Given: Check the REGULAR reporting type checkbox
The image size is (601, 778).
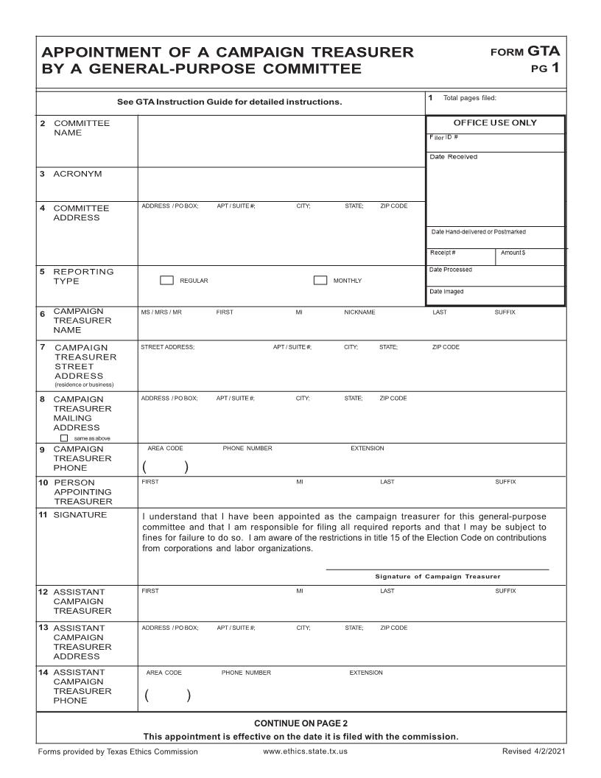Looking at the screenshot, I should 166,280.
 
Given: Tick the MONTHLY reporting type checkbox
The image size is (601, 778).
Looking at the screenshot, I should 320,280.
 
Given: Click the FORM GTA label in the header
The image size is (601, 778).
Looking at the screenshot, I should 524,52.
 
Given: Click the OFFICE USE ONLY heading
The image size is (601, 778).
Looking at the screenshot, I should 494,123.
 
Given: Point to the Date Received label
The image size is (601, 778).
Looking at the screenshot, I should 453,156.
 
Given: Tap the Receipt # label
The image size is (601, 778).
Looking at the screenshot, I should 443,253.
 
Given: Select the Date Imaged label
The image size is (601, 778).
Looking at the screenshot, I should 446,291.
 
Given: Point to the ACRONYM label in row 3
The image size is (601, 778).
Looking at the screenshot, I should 77,174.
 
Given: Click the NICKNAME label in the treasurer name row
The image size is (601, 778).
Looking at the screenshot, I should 359,312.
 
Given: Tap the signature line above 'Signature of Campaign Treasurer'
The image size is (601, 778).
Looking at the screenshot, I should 437,569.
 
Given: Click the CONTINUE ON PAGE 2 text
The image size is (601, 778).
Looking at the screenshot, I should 300,723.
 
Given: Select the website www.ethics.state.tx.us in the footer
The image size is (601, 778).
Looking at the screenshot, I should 305,751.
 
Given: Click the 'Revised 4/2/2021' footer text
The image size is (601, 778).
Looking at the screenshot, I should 533,751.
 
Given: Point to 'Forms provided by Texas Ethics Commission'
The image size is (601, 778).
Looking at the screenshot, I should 118,751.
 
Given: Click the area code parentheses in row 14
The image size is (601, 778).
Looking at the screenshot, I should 167,695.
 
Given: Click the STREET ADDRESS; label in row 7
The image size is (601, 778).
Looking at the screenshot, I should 167,346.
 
